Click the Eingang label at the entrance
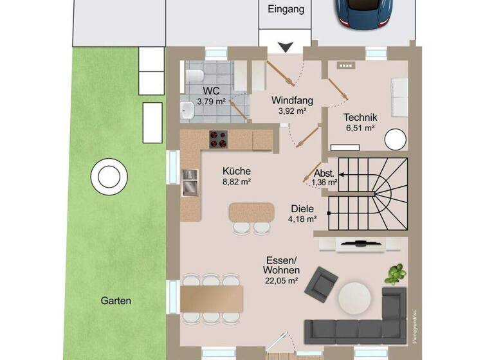click(x=286, y=10)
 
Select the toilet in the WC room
click(x=192, y=78)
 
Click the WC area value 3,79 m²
click(x=211, y=101)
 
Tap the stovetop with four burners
click(x=219, y=138)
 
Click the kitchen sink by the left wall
click(x=190, y=182)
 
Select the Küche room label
click(x=237, y=171)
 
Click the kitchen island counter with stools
click(x=252, y=212)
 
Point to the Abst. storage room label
click(x=324, y=173)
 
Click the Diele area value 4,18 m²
click(x=302, y=219)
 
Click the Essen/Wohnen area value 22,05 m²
click(x=281, y=280)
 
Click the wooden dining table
click(x=212, y=299)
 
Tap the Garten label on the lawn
click(x=116, y=300)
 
